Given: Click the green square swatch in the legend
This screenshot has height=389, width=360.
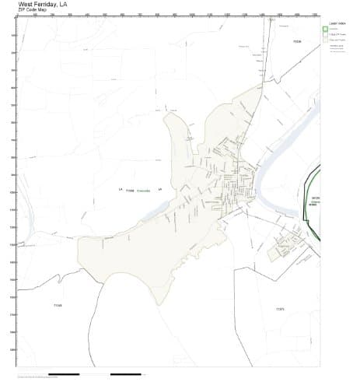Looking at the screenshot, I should coord(325,30).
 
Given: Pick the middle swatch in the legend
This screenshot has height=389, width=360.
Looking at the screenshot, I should coord(325,37).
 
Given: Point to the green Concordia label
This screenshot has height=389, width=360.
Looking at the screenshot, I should coord(143,190).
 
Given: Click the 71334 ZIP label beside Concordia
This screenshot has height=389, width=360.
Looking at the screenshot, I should coord(130,190).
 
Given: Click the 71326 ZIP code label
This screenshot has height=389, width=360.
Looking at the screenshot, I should coord(296,40).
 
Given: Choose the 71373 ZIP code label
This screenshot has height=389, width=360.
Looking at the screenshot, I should coord(281,309).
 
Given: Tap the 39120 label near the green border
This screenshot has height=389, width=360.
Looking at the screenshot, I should coord(315,198).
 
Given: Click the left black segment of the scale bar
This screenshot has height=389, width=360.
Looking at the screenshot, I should coord(64,374).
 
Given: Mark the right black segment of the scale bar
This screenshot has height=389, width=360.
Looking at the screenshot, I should coord(125,374).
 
